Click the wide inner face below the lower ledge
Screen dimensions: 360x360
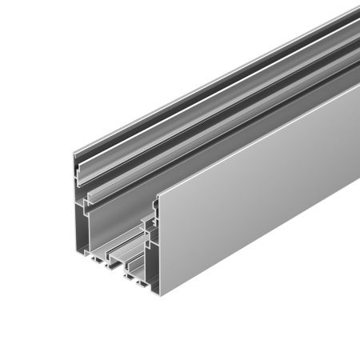point(112,224)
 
